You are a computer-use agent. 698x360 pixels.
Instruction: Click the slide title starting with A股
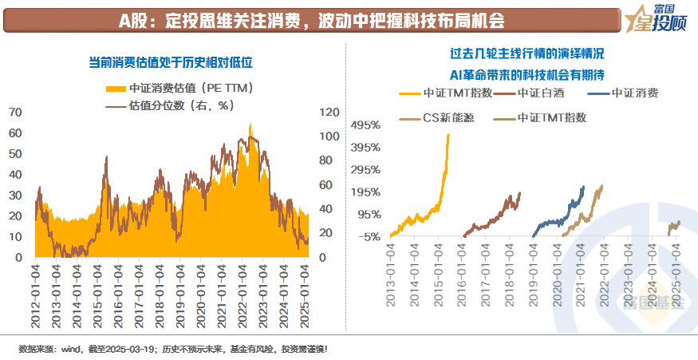click(x=311, y=19)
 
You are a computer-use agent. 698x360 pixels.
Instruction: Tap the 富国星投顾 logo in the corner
click(x=658, y=18)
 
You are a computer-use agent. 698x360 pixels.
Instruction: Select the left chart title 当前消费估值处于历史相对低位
click(x=175, y=61)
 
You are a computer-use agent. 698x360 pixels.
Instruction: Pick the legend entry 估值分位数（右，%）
click(x=173, y=105)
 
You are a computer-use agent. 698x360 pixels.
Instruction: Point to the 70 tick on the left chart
click(x=15, y=113)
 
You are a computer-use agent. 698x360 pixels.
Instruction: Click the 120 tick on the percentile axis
click(x=329, y=113)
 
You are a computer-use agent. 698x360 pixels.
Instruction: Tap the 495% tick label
click(x=366, y=126)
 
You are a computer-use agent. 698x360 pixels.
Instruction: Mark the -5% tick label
click(x=369, y=236)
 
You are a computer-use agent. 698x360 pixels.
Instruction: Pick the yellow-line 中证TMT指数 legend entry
click(x=447, y=93)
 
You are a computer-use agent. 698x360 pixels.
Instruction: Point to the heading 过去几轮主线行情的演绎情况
click(x=527, y=53)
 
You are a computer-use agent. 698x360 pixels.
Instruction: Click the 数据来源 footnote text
click(x=172, y=349)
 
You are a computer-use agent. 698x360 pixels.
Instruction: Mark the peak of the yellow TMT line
click(x=448, y=134)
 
